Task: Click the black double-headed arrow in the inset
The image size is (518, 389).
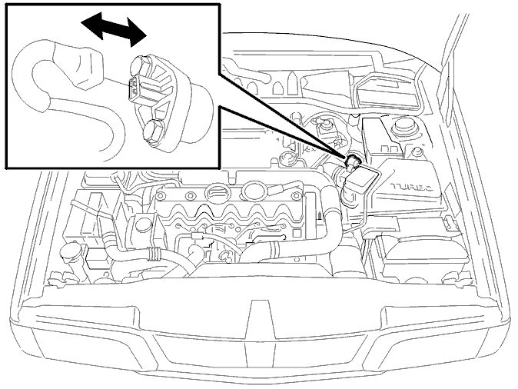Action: click(x=114, y=29)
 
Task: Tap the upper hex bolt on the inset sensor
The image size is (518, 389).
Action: click(x=138, y=65)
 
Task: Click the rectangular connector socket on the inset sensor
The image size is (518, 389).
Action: click(x=139, y=88)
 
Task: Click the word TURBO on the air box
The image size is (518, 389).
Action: click(x=412, y=188)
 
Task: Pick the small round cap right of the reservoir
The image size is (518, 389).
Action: click(x=418, y=152)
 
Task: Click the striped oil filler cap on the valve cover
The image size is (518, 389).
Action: click(x=216, y=192)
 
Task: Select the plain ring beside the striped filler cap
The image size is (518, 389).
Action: click(x=254, y=191)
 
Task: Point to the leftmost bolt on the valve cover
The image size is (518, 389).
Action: click(x=160, y=196)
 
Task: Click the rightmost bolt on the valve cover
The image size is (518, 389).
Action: click(x=295, y=196)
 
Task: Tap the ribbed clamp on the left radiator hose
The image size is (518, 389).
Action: click(x=153, y=254)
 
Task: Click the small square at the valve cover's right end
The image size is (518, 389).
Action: click(x=297, y=233)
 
